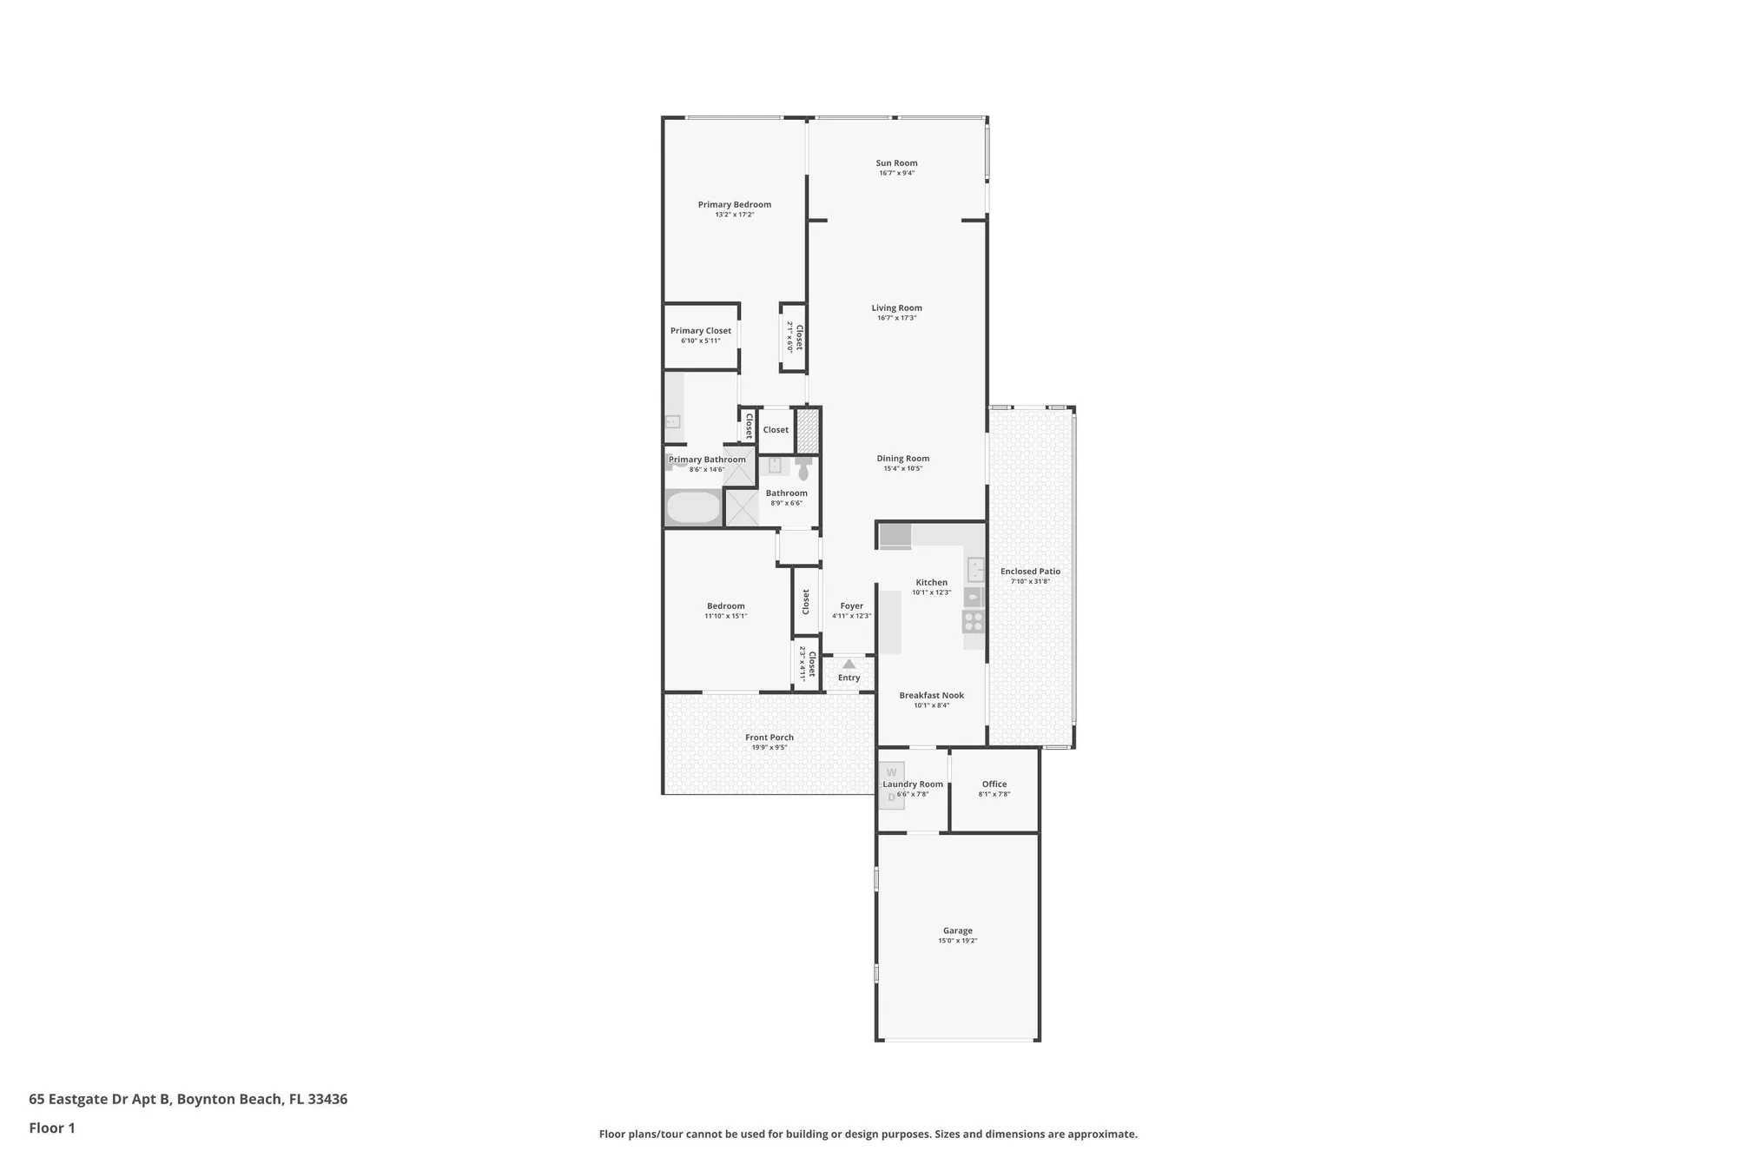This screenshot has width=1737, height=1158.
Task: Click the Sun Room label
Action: (x=896, y=162)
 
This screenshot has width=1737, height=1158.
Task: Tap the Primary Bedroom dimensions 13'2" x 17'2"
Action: (x=734, y=215)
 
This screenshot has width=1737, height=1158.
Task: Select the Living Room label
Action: (x=896, y=308)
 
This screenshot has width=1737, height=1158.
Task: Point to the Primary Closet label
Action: (x=700, y=330)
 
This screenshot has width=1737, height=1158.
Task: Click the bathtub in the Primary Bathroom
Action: (x=693, y=507)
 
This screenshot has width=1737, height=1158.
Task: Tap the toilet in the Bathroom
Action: (x=803, y=470)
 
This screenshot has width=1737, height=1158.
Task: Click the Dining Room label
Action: (x=902, y=458)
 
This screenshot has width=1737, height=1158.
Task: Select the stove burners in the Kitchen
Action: (x=973, y=621)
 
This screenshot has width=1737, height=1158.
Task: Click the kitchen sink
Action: (x=975, y=570)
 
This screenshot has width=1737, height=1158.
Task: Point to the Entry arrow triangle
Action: (x=849, y=665)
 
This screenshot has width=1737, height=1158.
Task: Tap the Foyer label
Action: (x=851, y=605)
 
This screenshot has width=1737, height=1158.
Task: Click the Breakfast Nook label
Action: (x=931, y=695)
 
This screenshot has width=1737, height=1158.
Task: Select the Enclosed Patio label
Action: (x=1030, y=571)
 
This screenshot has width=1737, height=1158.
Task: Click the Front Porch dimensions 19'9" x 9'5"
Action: (x=769, y=747)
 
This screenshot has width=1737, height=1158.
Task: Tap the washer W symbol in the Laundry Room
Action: (x=891, y=772)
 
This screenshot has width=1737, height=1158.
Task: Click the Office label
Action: (x=994, y=784)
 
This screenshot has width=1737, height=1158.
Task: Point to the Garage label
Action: (x=957, y=930)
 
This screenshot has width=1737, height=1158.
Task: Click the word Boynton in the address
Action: (x=204, y=1099)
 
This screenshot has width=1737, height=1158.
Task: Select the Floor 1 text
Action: (x=52, y=1128)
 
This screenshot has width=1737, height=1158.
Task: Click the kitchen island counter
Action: (x=889, y=622)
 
